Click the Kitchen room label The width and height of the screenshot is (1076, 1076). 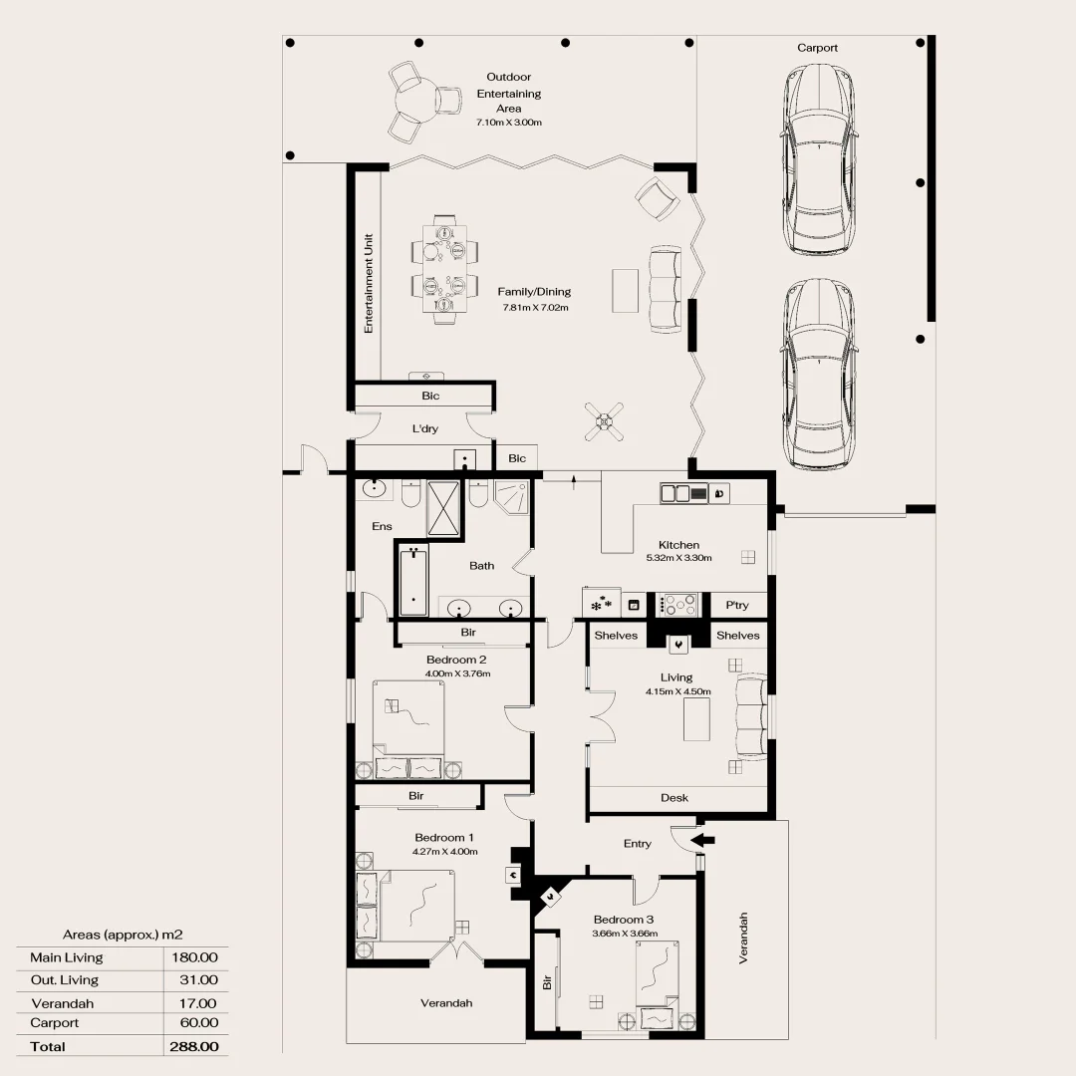pyautogui.click(x=678, y=545)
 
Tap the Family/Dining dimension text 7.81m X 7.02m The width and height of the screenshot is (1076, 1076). pyautogui.click(x=535, y=308)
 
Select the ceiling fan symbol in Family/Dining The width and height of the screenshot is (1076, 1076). pyautogui.click(x=604, y=421)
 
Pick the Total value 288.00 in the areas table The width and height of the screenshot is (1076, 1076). pyautogui.click(x=195, y=1046)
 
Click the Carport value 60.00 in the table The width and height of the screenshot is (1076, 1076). pyautogui.click(x=197, y=1023)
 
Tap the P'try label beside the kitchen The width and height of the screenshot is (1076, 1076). pyautogui.click(x=737, y=605)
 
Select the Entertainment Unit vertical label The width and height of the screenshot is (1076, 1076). pyautogui.click(x=369, y=283)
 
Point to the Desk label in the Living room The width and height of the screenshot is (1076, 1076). pyautogui.click(x=673, y=798)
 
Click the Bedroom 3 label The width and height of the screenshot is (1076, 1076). pyautogui.click(x=624, y=920)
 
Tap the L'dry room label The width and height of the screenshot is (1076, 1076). pyautogui.click(x=425, y=429)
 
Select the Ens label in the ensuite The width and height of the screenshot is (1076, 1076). pyautogui.click(x=383, y=526)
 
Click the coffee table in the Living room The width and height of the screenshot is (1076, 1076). pyautogui.click(x=697, y=719)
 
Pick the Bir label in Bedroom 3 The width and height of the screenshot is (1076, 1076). pyautogui.click(x=547, y=981)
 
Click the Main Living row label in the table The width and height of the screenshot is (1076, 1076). pyautogui.click(x=66, y=957)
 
